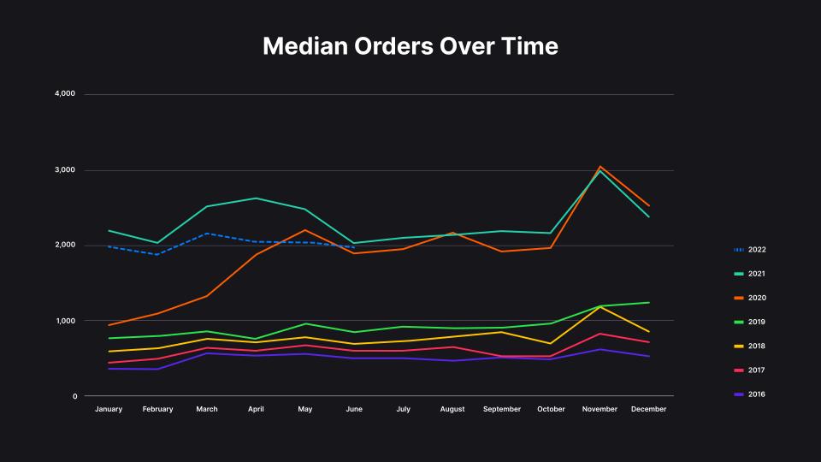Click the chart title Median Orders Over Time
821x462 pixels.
click(410, 46)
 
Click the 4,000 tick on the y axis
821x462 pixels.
click(65, 94)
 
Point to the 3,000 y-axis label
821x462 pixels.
click(65, 170)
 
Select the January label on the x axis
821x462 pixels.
click(109, 409)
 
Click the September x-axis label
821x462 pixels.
click(501, 409)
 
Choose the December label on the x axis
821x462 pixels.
click(648, 409)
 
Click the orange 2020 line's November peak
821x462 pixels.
click(600, 167)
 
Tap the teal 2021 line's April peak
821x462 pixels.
click(256, 198)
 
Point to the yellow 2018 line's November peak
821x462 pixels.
click(600, 306)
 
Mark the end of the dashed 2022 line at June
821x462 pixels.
click(354, 247)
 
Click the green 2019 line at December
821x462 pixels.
click(649, 303)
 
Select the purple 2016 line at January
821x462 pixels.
click(109, 369)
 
